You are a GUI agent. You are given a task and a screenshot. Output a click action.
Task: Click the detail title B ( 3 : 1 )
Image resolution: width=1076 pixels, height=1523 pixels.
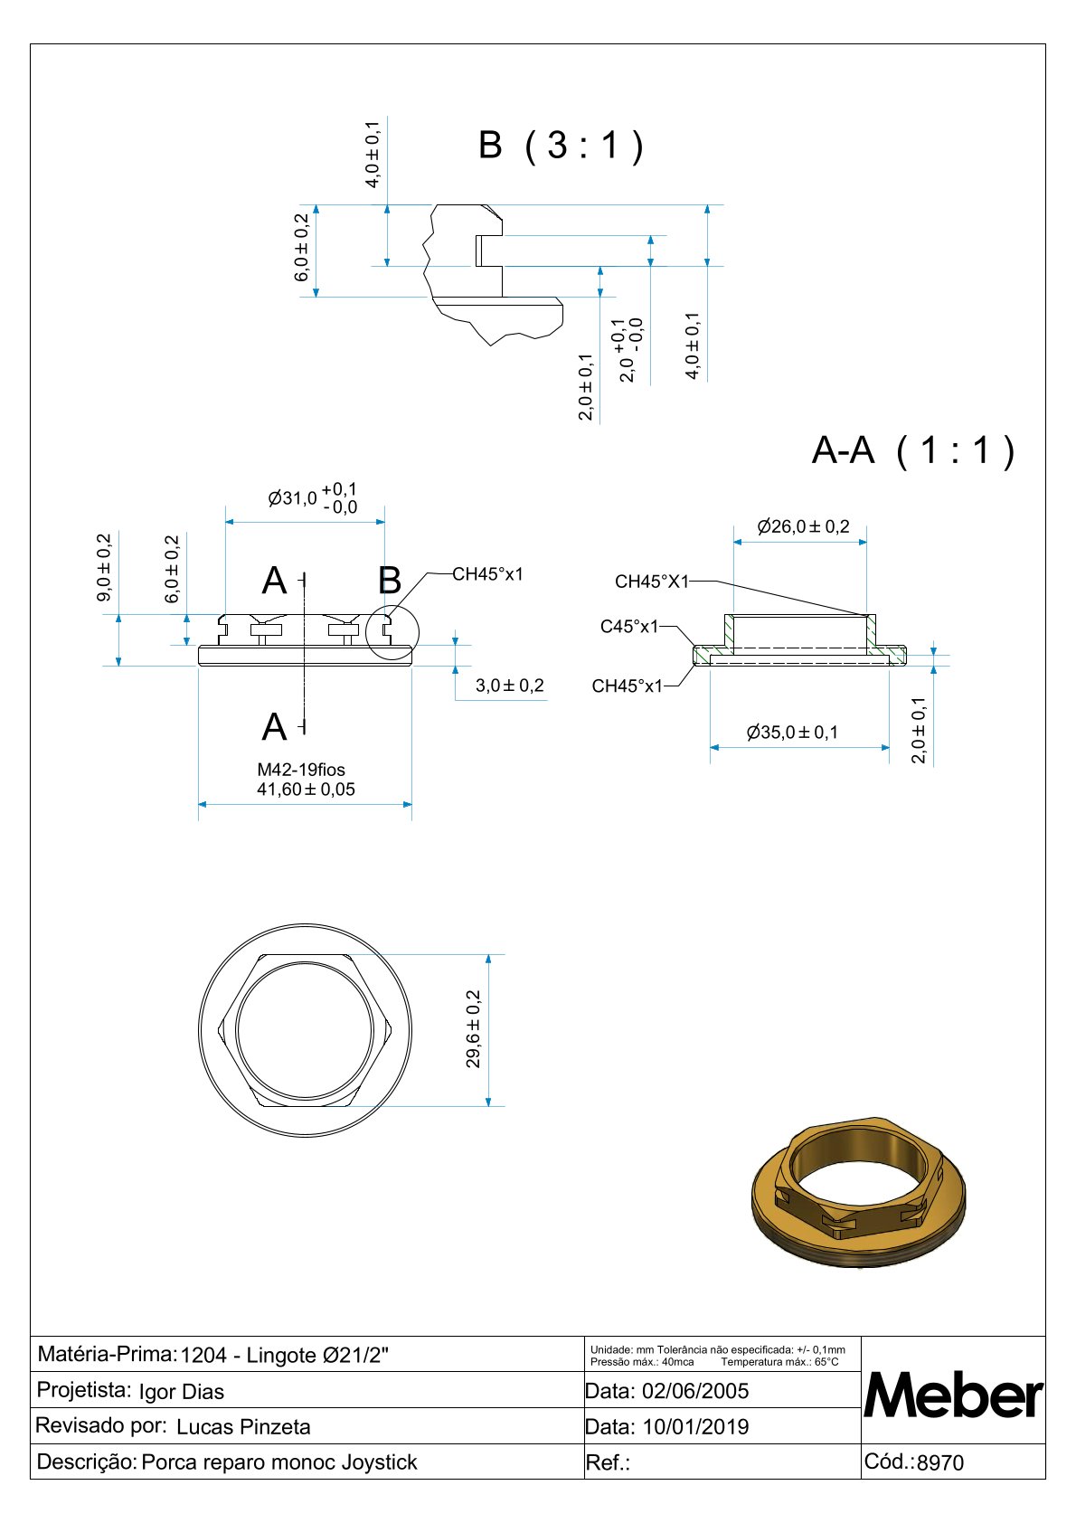tap(561, 145)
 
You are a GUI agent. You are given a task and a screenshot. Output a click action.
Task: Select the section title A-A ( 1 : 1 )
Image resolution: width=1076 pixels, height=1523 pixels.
tap(913, 450)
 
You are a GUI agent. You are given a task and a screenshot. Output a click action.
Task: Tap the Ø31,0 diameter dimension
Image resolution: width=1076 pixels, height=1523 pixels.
tap(313, 498)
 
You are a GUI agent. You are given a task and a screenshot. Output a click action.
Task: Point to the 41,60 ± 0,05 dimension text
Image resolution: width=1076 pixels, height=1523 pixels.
tap(306, 790)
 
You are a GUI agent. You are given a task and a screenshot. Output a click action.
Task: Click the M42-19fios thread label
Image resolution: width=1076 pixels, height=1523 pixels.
tap(301, 770)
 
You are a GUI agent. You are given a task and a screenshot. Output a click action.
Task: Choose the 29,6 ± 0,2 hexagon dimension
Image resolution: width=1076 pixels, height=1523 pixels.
tap(474, 1029)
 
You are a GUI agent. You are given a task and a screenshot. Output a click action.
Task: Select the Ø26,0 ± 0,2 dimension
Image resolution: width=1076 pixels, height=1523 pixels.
tap(803, 526)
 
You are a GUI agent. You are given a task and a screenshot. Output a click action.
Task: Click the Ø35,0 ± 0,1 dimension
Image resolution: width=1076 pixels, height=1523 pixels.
tap(792, 733)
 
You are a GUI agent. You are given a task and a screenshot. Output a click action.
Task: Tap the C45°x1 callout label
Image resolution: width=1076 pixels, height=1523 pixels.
tap(629, 627)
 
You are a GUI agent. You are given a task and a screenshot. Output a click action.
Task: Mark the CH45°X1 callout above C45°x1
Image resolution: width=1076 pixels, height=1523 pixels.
tap(651, 582)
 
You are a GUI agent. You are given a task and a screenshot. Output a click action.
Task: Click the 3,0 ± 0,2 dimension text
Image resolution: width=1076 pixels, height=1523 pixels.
tap(510, 686)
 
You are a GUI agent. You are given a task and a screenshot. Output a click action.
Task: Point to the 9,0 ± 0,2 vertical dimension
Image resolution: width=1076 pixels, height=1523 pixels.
tap(105, 567)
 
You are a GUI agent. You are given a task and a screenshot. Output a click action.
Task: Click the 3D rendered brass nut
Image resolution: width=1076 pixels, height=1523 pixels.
tap(860, 1191)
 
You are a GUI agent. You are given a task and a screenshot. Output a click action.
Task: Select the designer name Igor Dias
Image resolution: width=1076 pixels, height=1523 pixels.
tap(182, 1392)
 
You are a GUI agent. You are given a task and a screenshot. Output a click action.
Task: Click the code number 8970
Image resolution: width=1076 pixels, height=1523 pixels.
tap(940, 1463)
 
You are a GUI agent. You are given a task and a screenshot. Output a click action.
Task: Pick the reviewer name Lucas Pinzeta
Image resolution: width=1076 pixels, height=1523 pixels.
tap(243, 1427)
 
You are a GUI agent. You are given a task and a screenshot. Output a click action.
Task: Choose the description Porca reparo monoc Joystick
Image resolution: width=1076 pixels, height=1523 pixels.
tap(279, 1462)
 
